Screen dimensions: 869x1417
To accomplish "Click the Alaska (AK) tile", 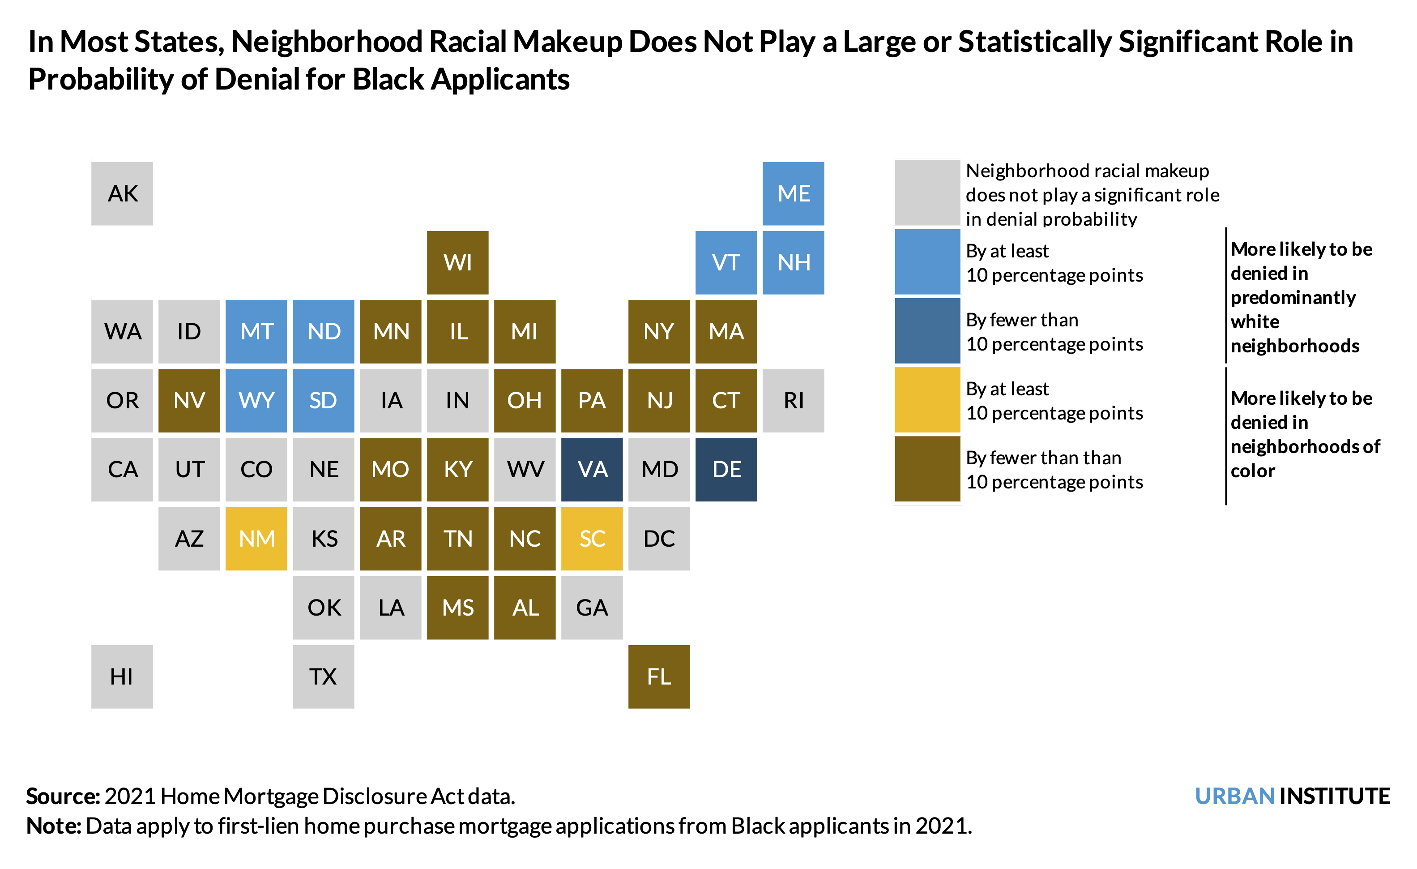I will pos(122,193).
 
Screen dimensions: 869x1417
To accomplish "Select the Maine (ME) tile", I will pos(793,193).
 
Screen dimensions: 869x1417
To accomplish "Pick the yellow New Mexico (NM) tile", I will pos(256,538).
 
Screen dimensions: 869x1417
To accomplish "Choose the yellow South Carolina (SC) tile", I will pos(592,538).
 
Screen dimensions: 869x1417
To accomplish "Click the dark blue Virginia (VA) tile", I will pos(592,469).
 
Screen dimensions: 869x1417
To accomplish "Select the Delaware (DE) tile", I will pos(726,469).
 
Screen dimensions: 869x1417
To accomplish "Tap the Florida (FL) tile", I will pos(658,676).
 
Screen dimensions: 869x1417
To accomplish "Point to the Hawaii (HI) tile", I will pos(122,676).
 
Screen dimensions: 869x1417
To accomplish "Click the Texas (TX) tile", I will pos(323,676).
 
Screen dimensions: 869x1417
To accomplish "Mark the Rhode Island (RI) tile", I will pos(793,400).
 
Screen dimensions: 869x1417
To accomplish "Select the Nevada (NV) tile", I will pos(189,400).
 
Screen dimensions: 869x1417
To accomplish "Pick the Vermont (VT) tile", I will pos(726,262).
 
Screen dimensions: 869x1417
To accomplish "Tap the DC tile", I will pos(658,538).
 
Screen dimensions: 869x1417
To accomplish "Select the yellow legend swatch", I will pos(927,400).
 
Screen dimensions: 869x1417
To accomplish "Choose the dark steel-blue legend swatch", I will pos(927,331).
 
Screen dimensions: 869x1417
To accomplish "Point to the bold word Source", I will pos(62,796).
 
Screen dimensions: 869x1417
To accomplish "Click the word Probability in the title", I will pos(100,79).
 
